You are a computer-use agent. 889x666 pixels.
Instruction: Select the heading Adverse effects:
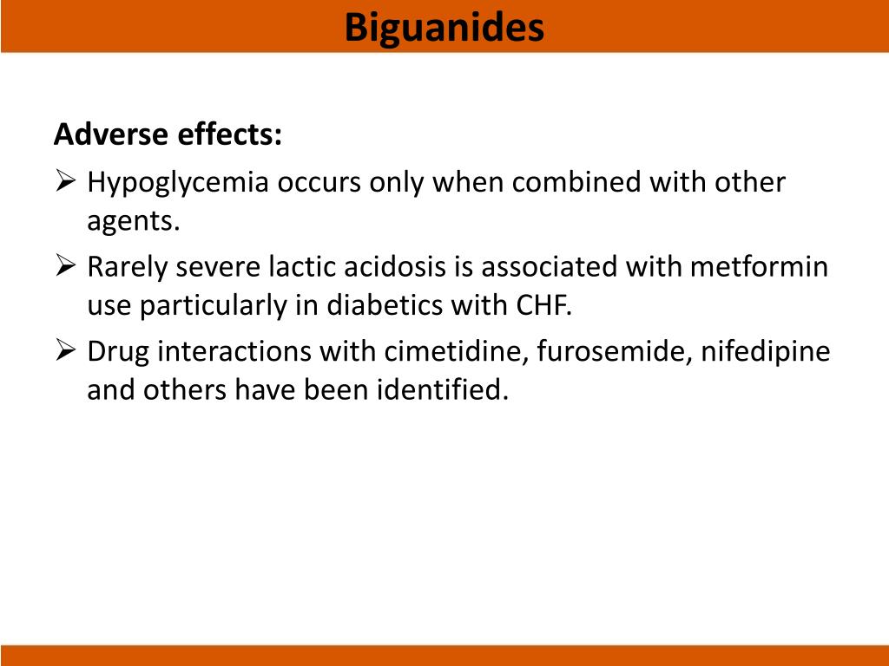point(168,135)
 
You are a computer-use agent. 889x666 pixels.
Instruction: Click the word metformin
point(759,267)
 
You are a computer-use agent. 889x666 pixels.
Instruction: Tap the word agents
point(132,223)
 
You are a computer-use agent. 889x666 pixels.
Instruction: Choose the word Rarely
point(128,267)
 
